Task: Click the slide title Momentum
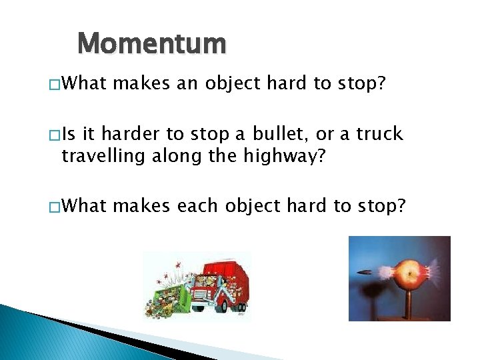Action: point(152,44)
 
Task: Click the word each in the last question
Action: point(197,205)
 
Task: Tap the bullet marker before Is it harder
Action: point(53,135)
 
